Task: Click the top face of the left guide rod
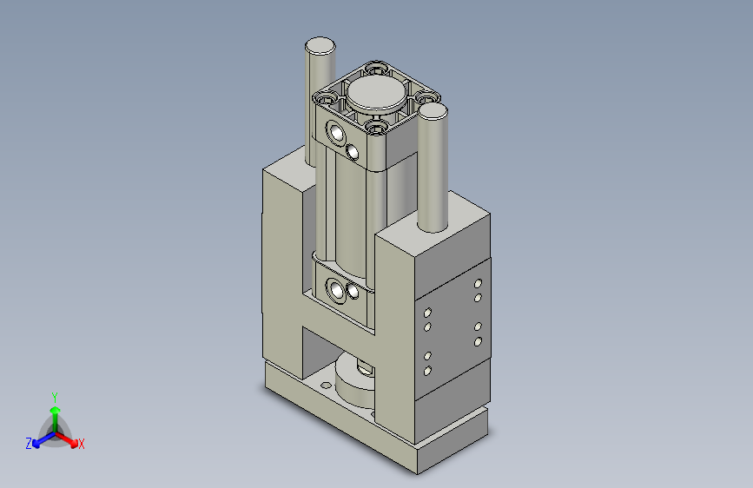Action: (x=319, y=46)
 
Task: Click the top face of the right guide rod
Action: (x=432, y=112)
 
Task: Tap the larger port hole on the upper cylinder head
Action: (x=335, y=133)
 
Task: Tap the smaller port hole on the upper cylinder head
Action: (x=353, y=152)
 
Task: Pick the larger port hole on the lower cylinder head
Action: (x=336, y=288)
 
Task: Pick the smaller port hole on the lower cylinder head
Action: (x=353, y=293)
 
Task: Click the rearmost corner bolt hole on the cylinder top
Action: (x=375, y=67)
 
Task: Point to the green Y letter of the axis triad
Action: (x=54, y=395)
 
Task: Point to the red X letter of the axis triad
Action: (x=81, y=444)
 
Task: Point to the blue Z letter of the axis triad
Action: (x=29, y=444)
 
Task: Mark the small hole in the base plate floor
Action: (x=326, y=385)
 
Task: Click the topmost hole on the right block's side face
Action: (x=478, y=283)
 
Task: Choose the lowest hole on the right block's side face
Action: (x=426, y=371)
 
